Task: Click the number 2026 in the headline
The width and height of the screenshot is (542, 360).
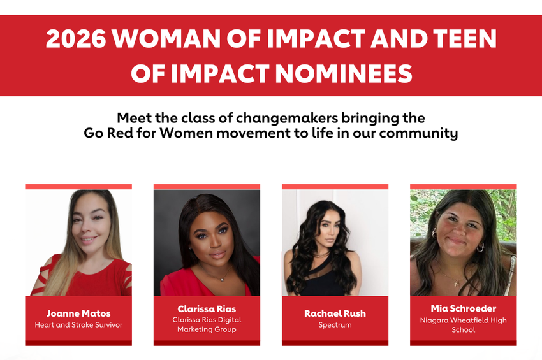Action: coord(75,40)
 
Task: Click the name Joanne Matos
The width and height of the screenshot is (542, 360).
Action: coord(78,313)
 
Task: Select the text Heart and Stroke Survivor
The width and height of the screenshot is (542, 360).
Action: coord(78,325)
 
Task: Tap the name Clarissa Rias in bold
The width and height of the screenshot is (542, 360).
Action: coord(207,309)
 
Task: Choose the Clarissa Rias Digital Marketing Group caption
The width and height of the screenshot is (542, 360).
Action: coord(207,324)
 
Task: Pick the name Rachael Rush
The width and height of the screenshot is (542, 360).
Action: coord(335,313)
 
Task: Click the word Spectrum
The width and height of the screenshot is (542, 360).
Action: coord(335,325)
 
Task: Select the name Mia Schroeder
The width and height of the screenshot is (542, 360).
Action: coord(463,309)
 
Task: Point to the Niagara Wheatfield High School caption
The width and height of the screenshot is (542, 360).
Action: coord(463,324)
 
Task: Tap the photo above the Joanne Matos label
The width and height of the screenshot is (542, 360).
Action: coord(78,243)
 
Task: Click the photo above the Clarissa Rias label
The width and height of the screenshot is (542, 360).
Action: coord(207,243)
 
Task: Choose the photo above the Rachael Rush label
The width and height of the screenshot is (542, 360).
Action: coord(335,243)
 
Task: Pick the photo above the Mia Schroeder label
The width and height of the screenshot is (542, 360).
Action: coord(463,243)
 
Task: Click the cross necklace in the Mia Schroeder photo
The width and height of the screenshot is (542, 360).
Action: coord(457,282)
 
